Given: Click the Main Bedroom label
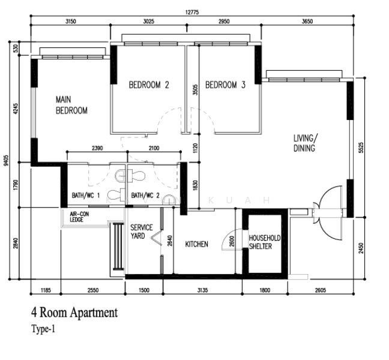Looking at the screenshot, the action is [71, 105].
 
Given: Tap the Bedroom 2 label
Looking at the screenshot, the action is [149, 85].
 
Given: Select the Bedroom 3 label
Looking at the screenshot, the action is [225, 85].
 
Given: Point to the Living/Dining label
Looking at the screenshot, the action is [306, 143].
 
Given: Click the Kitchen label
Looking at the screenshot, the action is [197, 244].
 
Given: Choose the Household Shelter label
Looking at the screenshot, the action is [265, 242].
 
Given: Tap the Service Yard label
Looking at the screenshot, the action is [142, 232].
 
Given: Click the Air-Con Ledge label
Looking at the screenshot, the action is [79, 217].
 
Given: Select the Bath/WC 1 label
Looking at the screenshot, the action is [86, 196].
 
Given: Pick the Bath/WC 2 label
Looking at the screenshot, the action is [145, 196].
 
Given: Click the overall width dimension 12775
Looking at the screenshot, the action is [192, 12].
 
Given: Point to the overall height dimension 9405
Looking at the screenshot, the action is [7, 161].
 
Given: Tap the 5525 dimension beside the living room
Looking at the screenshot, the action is [361, 148].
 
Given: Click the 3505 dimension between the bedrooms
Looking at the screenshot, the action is [196, 90].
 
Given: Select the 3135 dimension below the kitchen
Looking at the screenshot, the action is [202, 290].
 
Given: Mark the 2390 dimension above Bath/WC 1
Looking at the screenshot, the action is [97, 148].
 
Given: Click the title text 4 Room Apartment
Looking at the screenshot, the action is [74, 313].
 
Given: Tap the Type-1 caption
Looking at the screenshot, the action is [43, 329].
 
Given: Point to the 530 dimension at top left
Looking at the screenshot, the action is [16, 49].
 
